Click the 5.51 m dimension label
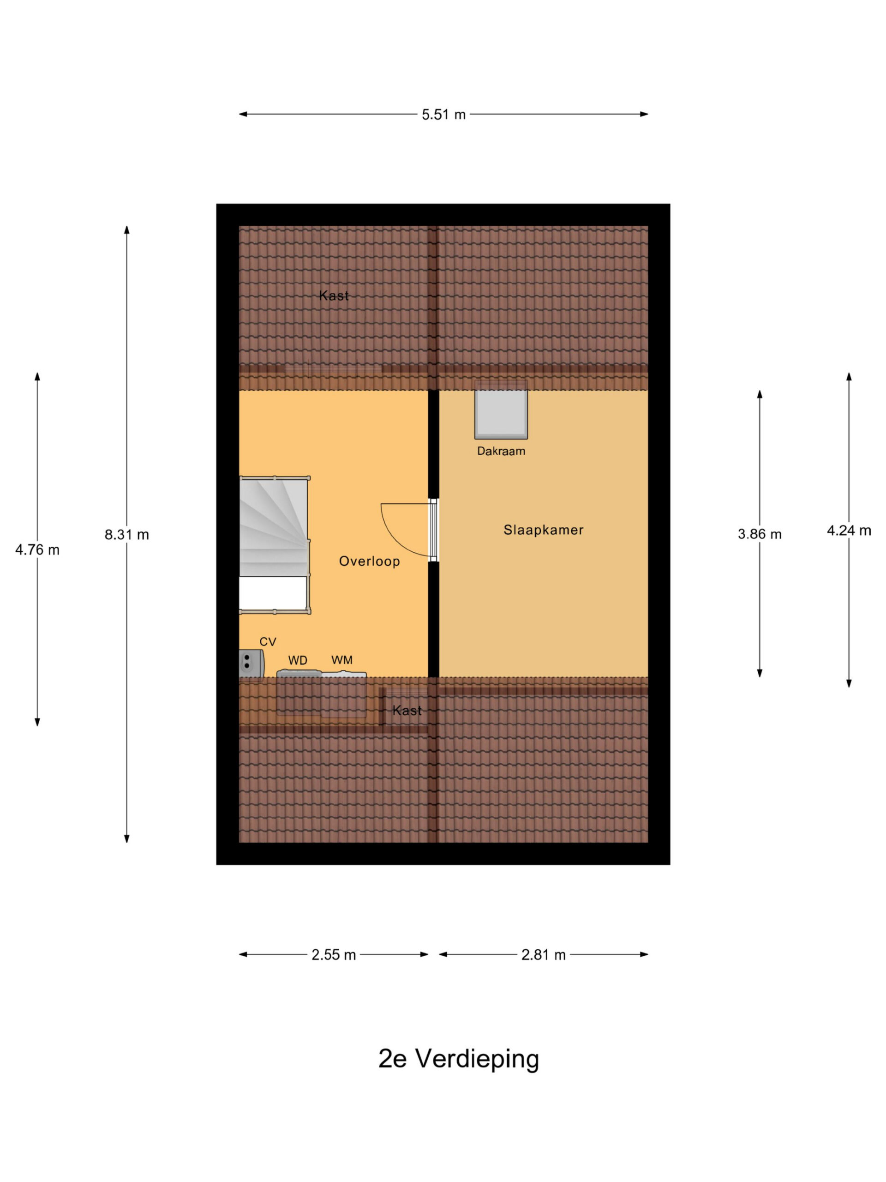[443, 115]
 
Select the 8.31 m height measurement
[126, 534]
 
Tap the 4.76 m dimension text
[37, 549]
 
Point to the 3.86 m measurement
[760, 534]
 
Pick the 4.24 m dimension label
[849, 530]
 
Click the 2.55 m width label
[334, 954]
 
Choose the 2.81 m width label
[543, 954]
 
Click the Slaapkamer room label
[543, 530]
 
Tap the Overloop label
[369, 561]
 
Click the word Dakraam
[501, 451]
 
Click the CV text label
[268, 642]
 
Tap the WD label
[298, 660]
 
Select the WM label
[342, 660]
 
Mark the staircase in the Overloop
[275, 544]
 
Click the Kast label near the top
[334, 295]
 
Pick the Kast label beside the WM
[407, 711]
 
